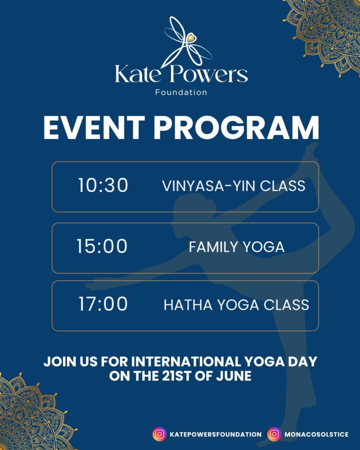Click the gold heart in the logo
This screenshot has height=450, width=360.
[x=191, y=38]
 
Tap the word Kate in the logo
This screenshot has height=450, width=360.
[x=138, y=74]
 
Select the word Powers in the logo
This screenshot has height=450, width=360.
[x=209, y=74]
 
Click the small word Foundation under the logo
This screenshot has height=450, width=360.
[x=181, y=92]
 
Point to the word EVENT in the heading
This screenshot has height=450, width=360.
[x=94, y=128]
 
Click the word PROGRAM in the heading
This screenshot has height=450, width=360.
[x=236, y=128]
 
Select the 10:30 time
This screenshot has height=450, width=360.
[x=103, y=185]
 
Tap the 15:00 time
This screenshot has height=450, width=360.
[x=102, y=246]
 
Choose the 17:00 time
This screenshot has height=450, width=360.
[x=103, y=304]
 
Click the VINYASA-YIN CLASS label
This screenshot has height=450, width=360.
[x=234, y=186]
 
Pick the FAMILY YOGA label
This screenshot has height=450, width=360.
[x=236, y=247]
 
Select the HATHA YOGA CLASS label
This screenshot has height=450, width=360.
[x=236, y=305]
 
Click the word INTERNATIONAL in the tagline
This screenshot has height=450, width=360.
[x=186, y=361]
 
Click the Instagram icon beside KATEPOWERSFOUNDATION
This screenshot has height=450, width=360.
[x=160, y=434]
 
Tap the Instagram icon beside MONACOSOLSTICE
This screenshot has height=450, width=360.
[x=274, y=434]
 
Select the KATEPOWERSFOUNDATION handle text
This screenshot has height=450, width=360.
[x=215, y=435]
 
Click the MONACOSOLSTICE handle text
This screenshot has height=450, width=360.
[x=316, y=435]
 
